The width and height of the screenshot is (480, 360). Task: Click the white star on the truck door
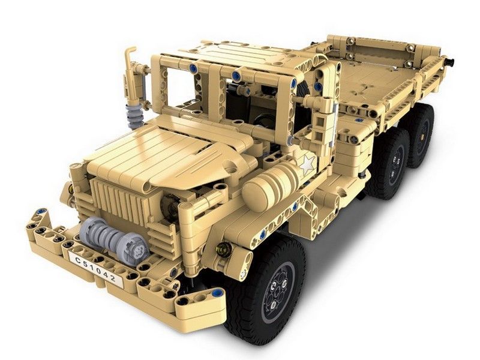[x=307, y=164]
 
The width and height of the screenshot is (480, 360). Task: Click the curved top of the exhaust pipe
[x=130, y=51]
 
